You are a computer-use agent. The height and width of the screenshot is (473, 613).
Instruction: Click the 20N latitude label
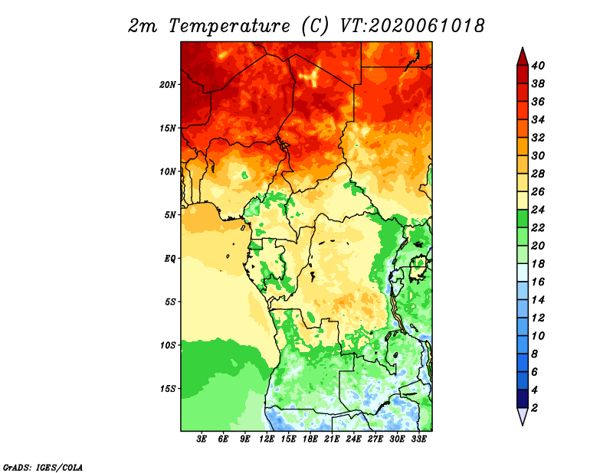click(x=168, y=85)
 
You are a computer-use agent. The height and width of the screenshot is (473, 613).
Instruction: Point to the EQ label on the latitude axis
click(x=170, y=259)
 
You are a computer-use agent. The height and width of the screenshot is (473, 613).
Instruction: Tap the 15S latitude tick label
click(x=168, y=389)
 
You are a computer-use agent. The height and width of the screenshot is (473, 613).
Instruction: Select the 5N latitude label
click(x=170, y=215)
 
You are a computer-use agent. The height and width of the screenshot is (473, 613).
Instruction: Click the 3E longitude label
click(x=202, y=439)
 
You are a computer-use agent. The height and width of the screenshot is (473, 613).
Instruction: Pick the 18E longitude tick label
click(x=310, y=439)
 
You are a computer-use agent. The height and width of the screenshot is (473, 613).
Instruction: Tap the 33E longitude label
click(x=418, y=439)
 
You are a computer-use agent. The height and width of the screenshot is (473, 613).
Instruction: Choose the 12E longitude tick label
click(x=266, y=439)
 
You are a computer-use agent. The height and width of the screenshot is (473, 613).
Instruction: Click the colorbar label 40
click(x=538, y=66)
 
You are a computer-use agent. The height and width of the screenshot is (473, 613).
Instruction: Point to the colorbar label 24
click(x=538, y=210)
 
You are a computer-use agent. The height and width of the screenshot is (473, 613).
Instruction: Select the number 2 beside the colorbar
click(x=534, y=408)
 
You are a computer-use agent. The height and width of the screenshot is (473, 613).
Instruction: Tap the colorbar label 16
click(x=538, y=282)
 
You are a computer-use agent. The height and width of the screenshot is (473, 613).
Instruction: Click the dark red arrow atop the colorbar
click(x=523, y=57)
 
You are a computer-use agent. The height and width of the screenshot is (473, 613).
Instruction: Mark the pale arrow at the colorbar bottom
click(x=523, y=416)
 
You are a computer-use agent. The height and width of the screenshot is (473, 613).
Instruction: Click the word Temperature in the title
click(x=229, y=26)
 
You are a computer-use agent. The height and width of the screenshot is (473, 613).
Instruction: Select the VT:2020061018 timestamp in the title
click(x=412, y=26)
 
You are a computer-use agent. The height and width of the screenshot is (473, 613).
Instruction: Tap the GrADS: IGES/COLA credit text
click(x=43, y=468)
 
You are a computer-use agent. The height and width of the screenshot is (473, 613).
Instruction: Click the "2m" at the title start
click(x=143, y=26)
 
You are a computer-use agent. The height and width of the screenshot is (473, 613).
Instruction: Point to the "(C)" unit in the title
click(x=316, y=26)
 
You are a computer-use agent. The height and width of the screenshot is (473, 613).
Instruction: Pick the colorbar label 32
click(x=538, y=138)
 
